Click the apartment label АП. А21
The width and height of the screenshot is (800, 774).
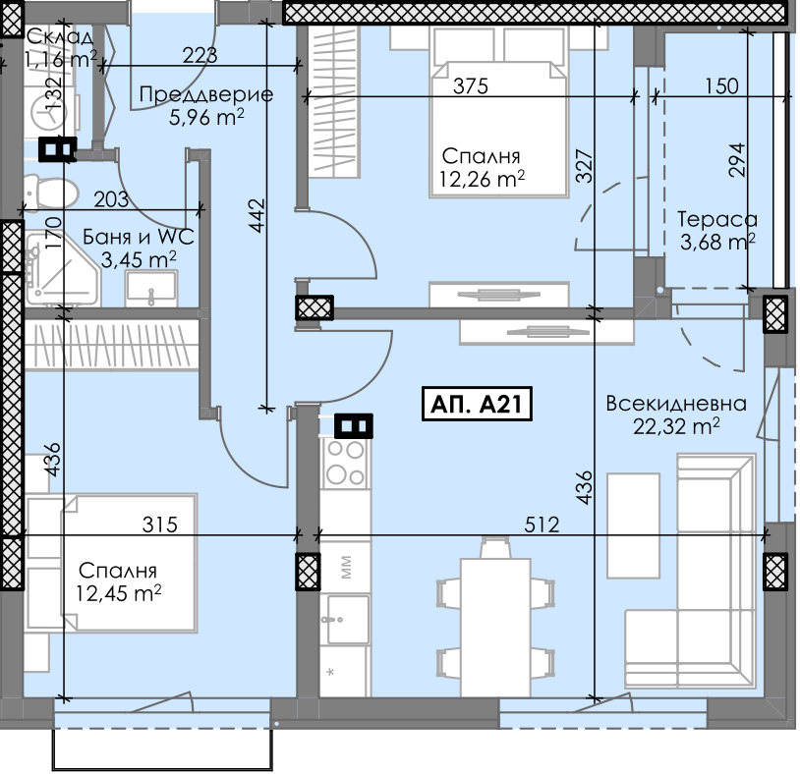[477, 404]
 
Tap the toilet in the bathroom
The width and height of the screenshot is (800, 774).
[51, 193]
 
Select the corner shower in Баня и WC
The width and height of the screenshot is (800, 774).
[61, 269]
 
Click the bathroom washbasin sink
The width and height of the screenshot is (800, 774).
[151, 289]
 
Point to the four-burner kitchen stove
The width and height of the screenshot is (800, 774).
[345, 463]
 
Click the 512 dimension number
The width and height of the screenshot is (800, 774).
[542, 525]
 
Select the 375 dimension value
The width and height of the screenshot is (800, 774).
[471, 86]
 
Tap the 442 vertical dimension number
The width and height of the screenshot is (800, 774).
[257, 215]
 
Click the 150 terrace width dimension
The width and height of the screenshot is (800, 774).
[722, 86]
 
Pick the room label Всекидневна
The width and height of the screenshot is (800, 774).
[676, 404]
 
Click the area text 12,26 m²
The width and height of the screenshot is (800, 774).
[482, 179]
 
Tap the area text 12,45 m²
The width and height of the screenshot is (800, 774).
[118, 592]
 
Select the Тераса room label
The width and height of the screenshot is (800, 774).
[716, 219]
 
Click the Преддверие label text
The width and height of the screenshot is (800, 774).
[206, 94]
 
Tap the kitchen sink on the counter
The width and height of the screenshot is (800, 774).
[347, 619]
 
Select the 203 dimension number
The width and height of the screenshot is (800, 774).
[111, 199]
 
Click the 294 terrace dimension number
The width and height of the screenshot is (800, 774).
[737, 160]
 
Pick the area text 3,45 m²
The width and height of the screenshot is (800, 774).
[139, 259]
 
